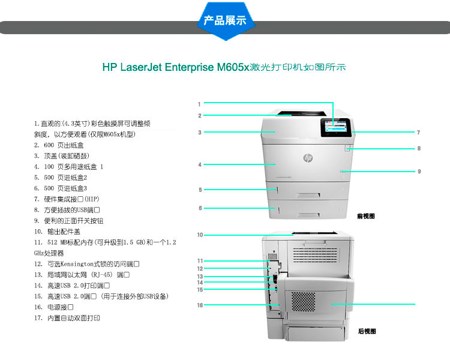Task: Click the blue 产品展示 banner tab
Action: click(225, 20)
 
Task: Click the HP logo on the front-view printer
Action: click(308, 158)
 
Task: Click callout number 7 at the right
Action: click(418, 132)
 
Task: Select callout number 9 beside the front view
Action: click(419, 171)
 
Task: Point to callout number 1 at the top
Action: click(199, 104)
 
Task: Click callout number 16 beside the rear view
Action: click(200, 305)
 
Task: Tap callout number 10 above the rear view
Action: click(200, 235)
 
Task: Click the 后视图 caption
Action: click(366, 331)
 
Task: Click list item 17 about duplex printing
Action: click(67, 318)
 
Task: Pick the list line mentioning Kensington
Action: click(87, 263)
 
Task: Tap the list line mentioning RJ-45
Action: click(82, 274)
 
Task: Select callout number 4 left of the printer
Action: click(199, 164)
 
